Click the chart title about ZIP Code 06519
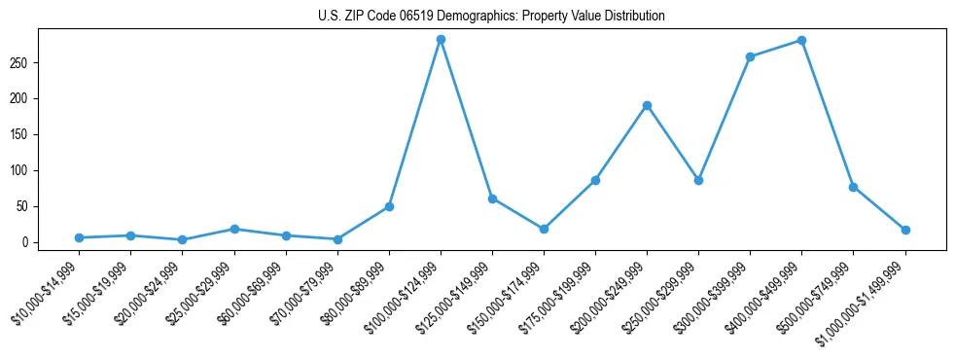tap(491, 17)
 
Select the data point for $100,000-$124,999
tap(441, 40)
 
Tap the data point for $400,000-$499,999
tap(801, 41)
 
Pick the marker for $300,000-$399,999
tap(750, 57)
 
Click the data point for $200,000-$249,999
tap(647, 105)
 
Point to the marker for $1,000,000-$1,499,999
tap(905, 231)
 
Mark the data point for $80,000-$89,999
tap(389, 206)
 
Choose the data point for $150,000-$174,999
tap(544, 229)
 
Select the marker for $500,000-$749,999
tap(853, 187)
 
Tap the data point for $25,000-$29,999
tap(234, 229)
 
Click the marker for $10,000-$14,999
tap(79, 237)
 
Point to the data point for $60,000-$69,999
tap(286, 235)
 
